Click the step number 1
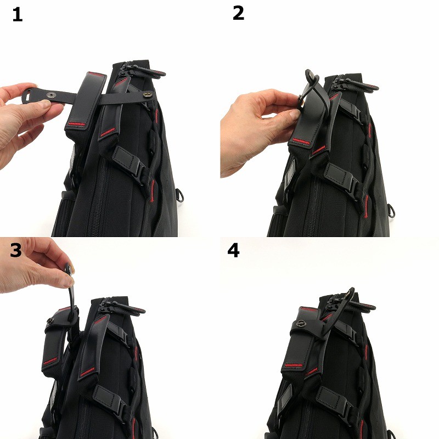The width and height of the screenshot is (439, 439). click(x=18, y=15)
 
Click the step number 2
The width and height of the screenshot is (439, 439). click(x=238, y=13)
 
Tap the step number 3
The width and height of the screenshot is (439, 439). click(x=16, y=250)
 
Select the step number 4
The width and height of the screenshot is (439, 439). click(x=234, y=250)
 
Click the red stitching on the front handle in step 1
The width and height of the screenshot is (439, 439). click(x=76, y=123)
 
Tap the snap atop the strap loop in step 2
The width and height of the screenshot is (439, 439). click(x=311, y=74)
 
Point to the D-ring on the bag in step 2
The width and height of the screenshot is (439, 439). click(x=392, y=211)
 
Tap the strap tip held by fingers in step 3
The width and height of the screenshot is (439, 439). click(x=68, y=269)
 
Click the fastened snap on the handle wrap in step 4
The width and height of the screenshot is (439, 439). click(x=301, y=324)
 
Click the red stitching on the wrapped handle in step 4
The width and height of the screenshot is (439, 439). click(x=294, y=365)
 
